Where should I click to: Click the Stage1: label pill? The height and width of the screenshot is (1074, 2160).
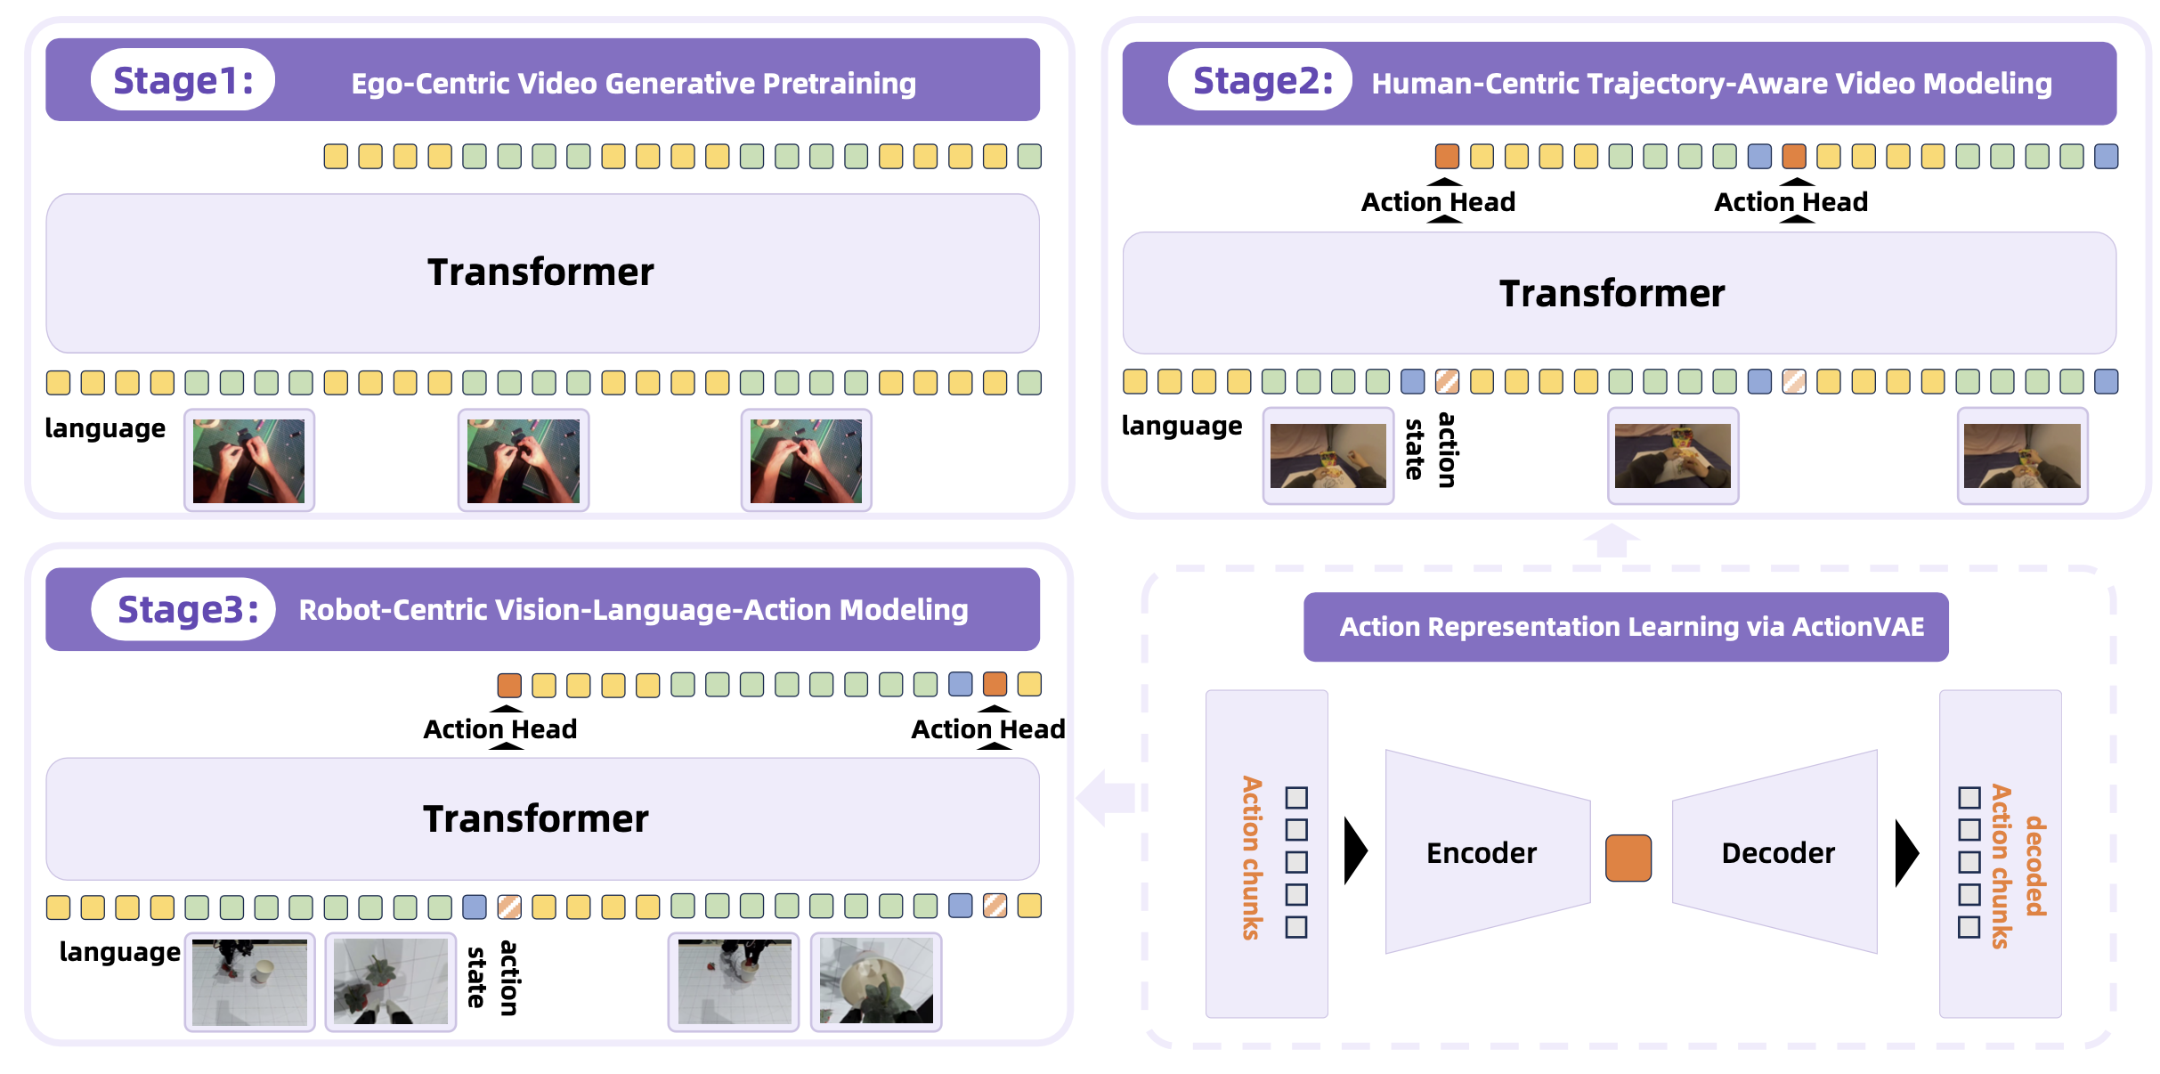(183, 80)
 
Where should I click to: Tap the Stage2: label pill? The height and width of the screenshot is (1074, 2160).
(1261, 80)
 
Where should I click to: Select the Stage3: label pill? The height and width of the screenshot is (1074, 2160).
(184, 610)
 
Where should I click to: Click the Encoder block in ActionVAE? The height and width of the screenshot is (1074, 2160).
(1482, 852)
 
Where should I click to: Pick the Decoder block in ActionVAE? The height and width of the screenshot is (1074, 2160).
(1777, 852)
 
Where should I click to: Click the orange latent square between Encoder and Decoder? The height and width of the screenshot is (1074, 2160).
(1628, 858)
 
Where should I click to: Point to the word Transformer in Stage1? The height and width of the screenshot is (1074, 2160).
(540, 273)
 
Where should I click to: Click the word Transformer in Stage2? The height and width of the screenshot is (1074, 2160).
(1612, 294)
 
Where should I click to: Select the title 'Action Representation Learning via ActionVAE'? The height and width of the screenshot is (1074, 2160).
(1631, 627)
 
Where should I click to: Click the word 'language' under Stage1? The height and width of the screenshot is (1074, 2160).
(105, 428)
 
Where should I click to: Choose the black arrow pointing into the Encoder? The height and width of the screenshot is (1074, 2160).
(1355, 852)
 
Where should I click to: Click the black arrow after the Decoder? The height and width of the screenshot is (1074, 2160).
(1906, 852)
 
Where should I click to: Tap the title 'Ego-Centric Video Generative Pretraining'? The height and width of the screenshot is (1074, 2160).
(633, 84)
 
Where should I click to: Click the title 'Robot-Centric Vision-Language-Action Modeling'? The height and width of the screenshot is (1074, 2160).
(633, 610)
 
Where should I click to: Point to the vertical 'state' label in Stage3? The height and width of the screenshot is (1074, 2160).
(477, 977)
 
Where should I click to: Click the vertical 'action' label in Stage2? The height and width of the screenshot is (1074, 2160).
(1448, 450)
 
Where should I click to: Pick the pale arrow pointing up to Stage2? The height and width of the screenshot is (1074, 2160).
(1612, 541)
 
